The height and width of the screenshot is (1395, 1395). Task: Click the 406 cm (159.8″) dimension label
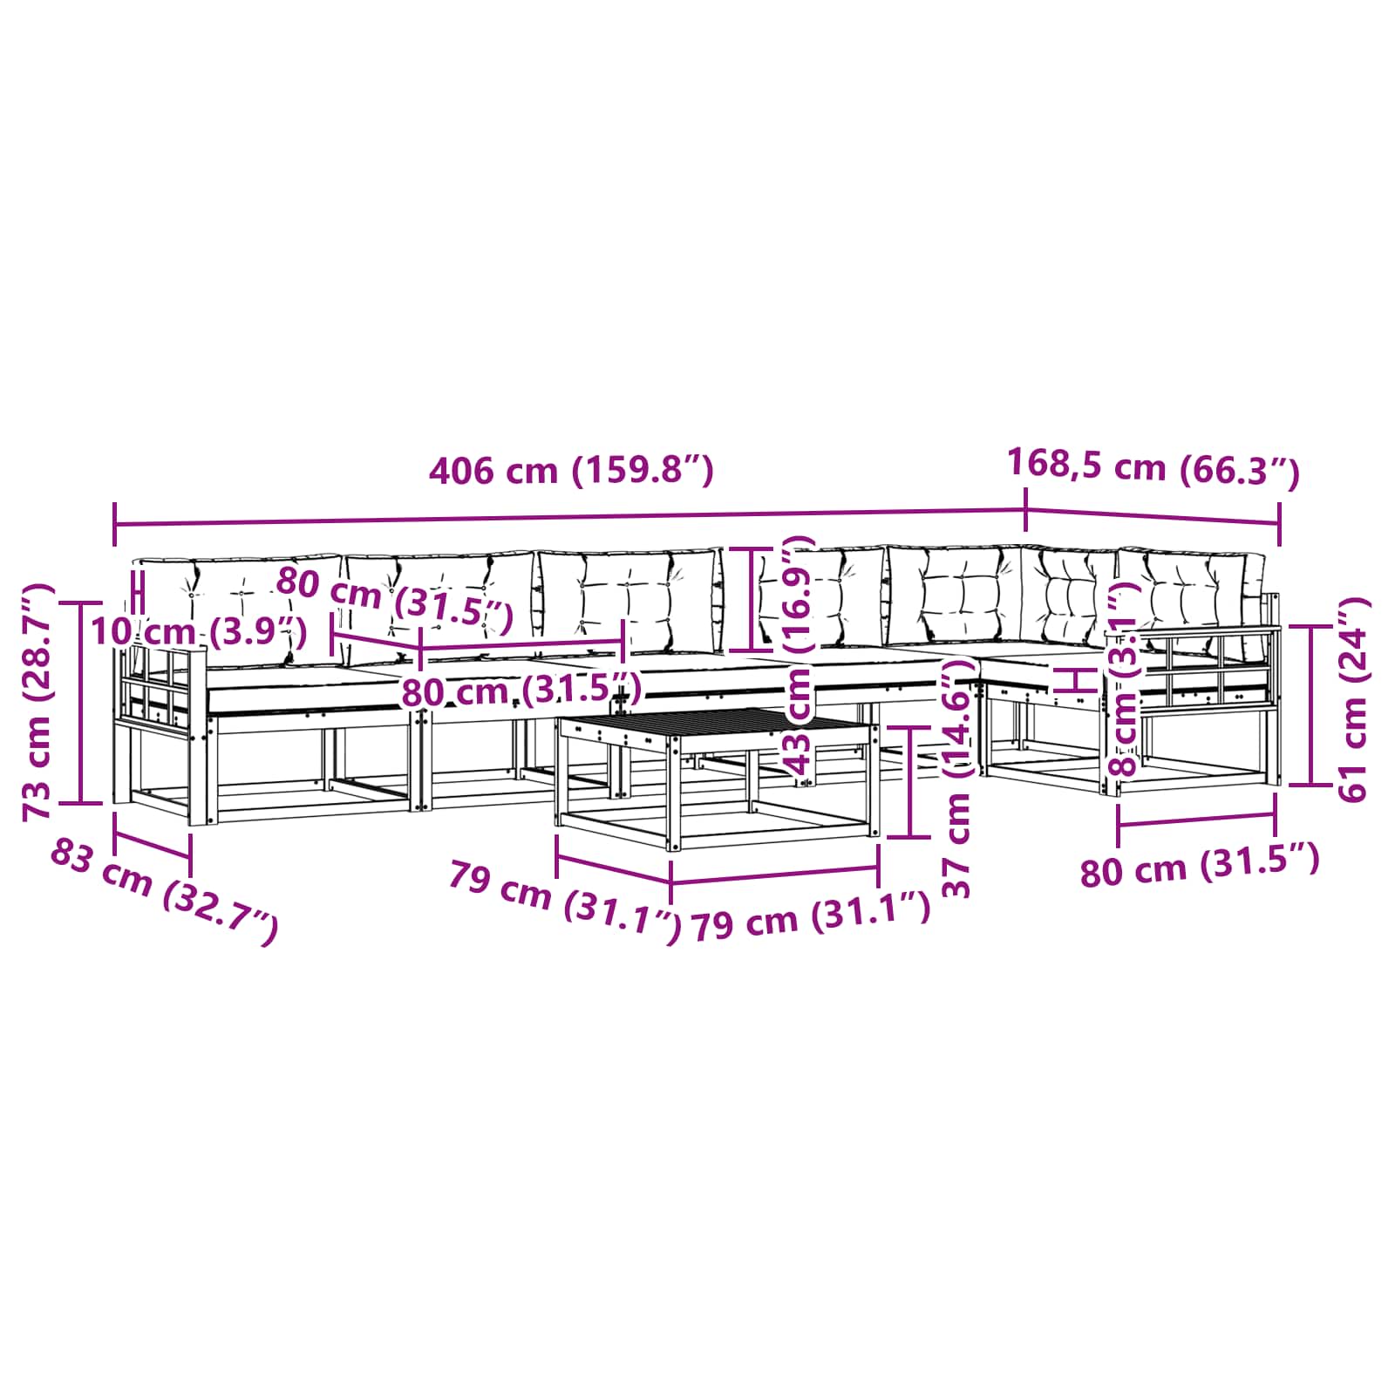click(571, 470)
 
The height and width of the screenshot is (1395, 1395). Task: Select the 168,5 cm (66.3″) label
click(1153, 468)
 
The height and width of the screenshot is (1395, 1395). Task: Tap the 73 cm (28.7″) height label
click(39, 702)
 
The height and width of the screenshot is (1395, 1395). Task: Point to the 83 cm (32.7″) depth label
click(164, 890)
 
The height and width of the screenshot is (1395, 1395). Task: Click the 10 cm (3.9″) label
click(199, 630)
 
